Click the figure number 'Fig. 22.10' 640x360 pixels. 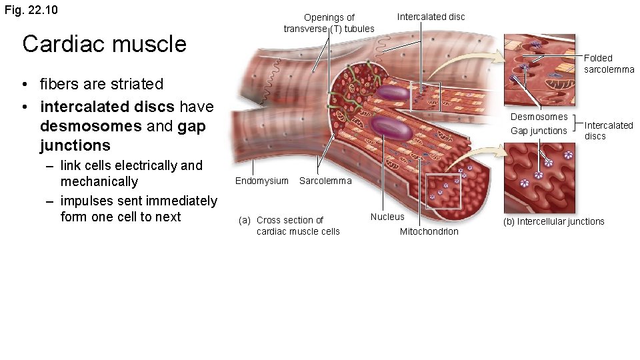(31, 10)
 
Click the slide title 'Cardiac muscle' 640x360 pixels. (104, 44)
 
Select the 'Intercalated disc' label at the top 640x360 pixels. (431, 17)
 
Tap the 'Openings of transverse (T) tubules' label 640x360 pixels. (329, 23)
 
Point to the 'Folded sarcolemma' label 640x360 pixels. (609, 64)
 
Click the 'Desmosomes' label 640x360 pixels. (539, 117)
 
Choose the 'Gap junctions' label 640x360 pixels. (538, 131)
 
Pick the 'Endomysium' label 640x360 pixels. (261, 181)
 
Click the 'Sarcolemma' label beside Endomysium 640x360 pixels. (325, 181)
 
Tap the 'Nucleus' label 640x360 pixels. (387, 217)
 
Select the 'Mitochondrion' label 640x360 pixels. (429, 231)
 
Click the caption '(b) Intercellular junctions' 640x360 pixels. (554, 221)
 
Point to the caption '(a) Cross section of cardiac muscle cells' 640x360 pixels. (290, 225)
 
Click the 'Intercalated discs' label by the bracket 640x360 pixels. (608, 130)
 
